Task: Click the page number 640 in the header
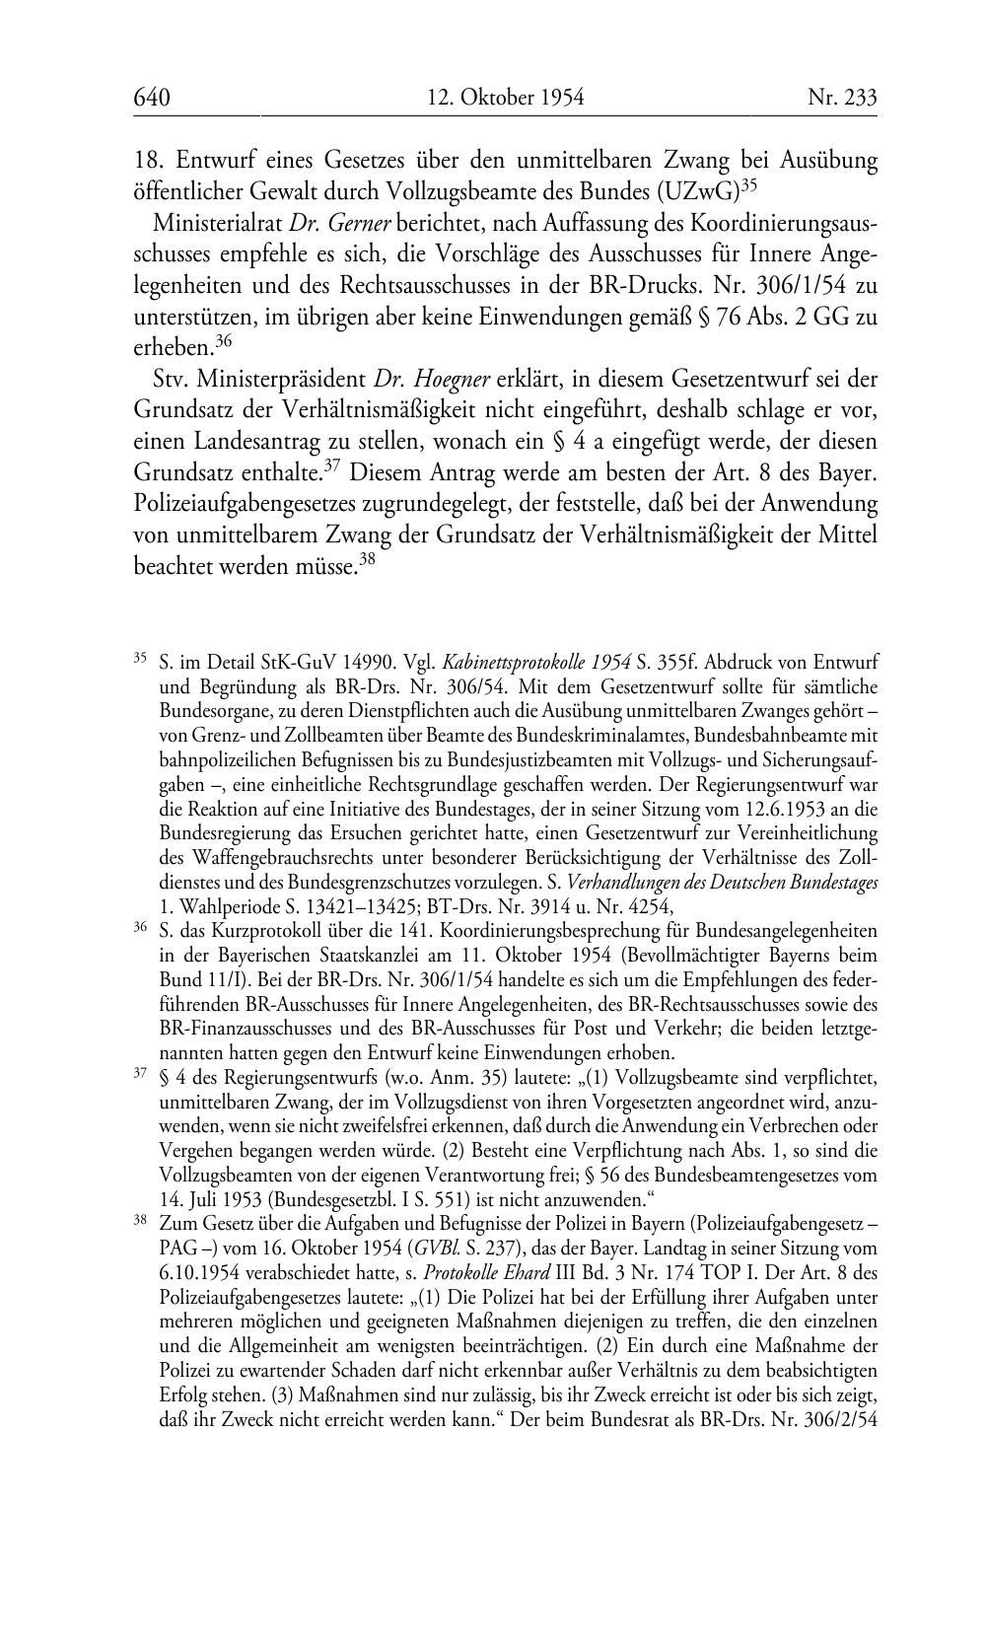(152, 97)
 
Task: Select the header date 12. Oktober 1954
(506, 97)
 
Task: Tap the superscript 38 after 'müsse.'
(368, 557)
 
